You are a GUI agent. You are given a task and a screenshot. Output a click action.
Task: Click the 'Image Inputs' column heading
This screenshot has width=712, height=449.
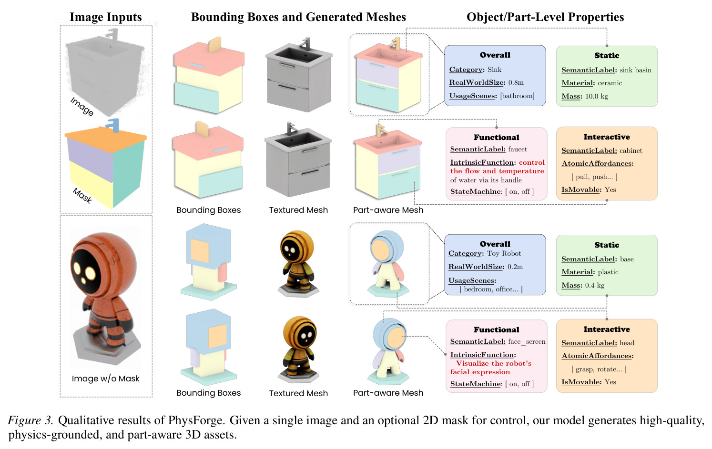click(x=105, y=17)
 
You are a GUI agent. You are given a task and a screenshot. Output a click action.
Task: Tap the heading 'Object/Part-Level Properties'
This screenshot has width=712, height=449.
click(x=545, y=17)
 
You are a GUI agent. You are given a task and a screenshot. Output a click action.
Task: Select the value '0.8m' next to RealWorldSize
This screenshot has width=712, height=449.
click(x=516, y=82)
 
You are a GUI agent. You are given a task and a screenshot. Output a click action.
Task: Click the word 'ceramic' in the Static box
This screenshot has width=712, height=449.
click(x=610, y=83)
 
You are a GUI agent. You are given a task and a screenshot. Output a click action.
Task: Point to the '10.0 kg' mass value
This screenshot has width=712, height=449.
click(x=596, y=96)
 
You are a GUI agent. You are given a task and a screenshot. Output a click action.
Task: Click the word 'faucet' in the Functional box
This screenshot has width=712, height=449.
click(x=518, y=149)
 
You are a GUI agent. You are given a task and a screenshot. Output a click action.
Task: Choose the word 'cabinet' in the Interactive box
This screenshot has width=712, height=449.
click(x=631, y=150)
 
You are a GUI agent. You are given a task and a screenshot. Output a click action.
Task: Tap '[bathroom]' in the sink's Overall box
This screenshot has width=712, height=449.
click(x=517, y=96)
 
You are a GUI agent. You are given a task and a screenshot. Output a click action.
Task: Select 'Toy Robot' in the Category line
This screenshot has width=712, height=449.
click(x=504, y=253)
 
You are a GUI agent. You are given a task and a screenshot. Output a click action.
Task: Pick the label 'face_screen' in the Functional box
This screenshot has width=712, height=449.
click(x=527, y=342)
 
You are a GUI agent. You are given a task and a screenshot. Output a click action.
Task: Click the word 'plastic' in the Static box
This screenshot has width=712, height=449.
click(x=608, y=272)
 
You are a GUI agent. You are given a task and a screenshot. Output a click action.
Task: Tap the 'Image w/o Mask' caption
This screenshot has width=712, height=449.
click(x=105, y=379)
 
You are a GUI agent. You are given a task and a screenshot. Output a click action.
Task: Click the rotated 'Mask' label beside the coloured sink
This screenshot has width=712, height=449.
click(x=82, y=196)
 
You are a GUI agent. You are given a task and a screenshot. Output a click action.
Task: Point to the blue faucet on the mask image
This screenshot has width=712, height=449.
click(x=113, y=125)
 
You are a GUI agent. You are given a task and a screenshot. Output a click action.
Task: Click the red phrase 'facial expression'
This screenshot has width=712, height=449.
click(x=480, y=372)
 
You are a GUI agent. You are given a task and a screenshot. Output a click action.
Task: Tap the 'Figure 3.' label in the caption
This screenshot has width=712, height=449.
click(x=31, y=420)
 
